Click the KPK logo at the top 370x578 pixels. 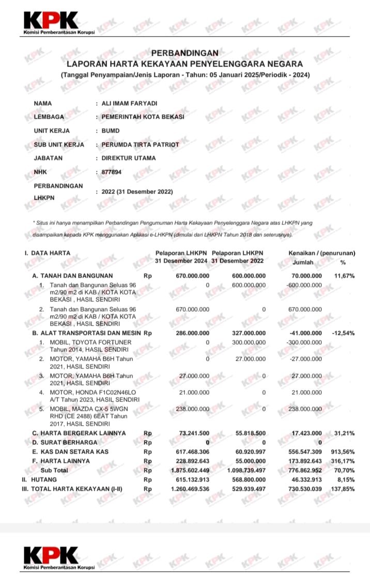pyautogui.click(x=51, y=23)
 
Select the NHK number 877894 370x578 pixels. pyautogui.click(x=112, y=172)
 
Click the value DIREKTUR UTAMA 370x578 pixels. pyautogui.click(x=129, y=158)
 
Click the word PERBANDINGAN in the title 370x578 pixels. pyautogui.click(x=184, y=53)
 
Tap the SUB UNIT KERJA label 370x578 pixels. pyautogui.click(x=58, y=145)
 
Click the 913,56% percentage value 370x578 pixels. pyautogui.click(x=343, y=452)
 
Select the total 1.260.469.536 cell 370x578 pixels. pyautogui.click(x=190, y=488)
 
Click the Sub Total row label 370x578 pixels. pyautogui.click(x=54, y=470)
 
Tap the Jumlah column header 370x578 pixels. pyautogui.click(x=307, y=262)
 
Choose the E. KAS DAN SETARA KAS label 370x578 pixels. pyautogui.click(x=70, y=452)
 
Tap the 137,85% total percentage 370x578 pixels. pyautogui.click(x=343, y=488)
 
